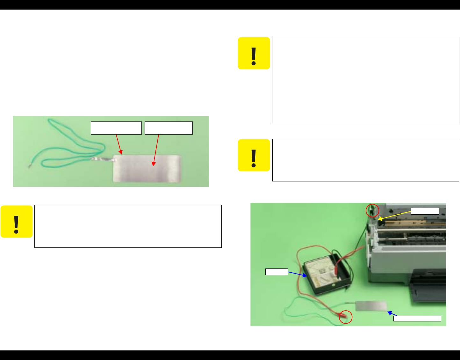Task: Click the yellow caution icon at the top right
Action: pos(254,53)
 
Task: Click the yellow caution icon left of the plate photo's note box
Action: pos(17,222)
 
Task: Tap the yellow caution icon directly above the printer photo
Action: pos(254,155)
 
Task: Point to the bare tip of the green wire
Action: pos(29,166)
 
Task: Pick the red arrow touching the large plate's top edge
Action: pos(119,144)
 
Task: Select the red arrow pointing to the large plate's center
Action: pos(156,150)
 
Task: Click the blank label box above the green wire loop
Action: pos(116,128)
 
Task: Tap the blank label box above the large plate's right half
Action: pos(169,128)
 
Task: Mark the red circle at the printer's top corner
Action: pos(372,210)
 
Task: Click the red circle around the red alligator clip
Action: pos(346,317)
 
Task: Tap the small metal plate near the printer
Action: pos(371,306)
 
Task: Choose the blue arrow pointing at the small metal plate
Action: pos(392,314)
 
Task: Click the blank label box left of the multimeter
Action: pos(277,272)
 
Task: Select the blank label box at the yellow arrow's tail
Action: pos(425,211)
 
